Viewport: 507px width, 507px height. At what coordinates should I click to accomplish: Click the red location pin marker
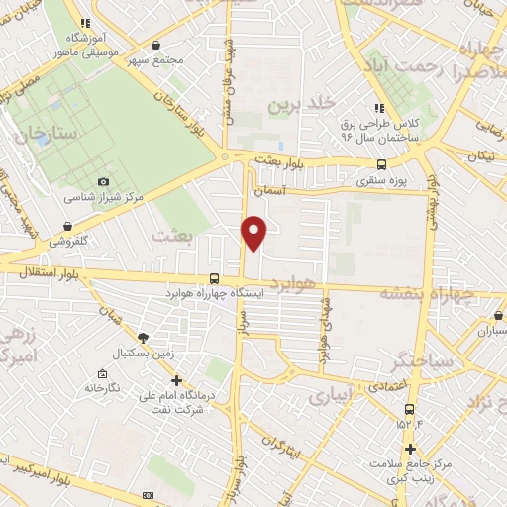tap(254, 231)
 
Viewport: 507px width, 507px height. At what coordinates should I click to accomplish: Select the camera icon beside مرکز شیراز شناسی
tap(103, 182)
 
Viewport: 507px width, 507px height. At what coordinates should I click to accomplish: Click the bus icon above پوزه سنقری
tap(381, 165)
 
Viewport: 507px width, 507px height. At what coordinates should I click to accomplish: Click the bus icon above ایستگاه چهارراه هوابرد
tap(215, 279)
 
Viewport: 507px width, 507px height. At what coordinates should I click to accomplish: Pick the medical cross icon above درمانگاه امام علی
tap(176, 378)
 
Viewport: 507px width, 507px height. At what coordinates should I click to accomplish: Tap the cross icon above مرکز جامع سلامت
tap(409, 449)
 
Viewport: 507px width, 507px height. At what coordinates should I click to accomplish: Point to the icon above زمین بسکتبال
tap(145, 338)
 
